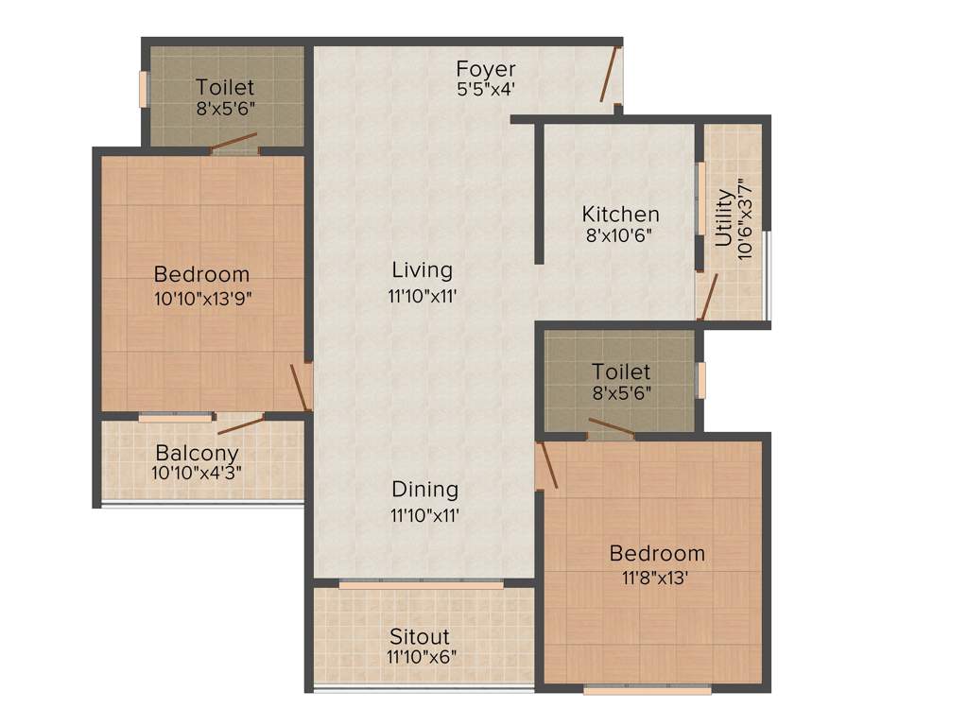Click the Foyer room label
pyautogui.click(x=486, y=69)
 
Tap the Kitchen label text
pyautogui.click(x=620, y=214)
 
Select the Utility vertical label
pyautogui.click(x=723, y=218)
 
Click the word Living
pyautogui.click(x=422, y=271)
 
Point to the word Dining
pyautogui.click(x=425, y=490)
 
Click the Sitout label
pyautogui.click(x=420, y=636)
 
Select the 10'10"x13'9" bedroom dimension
pyautogui.click(x=202, y=297)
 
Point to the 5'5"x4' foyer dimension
pyautogui.click(x=486, y=90)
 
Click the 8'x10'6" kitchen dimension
pyautogui.click(x=620, y=235)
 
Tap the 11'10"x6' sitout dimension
pyautogui.click(x=422, y=657)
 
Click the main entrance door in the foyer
pyautogui.click(x=611, y=74)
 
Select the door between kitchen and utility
pyautogui.click(x=707, y=296)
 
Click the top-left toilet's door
pyautogui.click(x=233, y=145)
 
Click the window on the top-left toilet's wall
pyautogui.click(x=145, y=89)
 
